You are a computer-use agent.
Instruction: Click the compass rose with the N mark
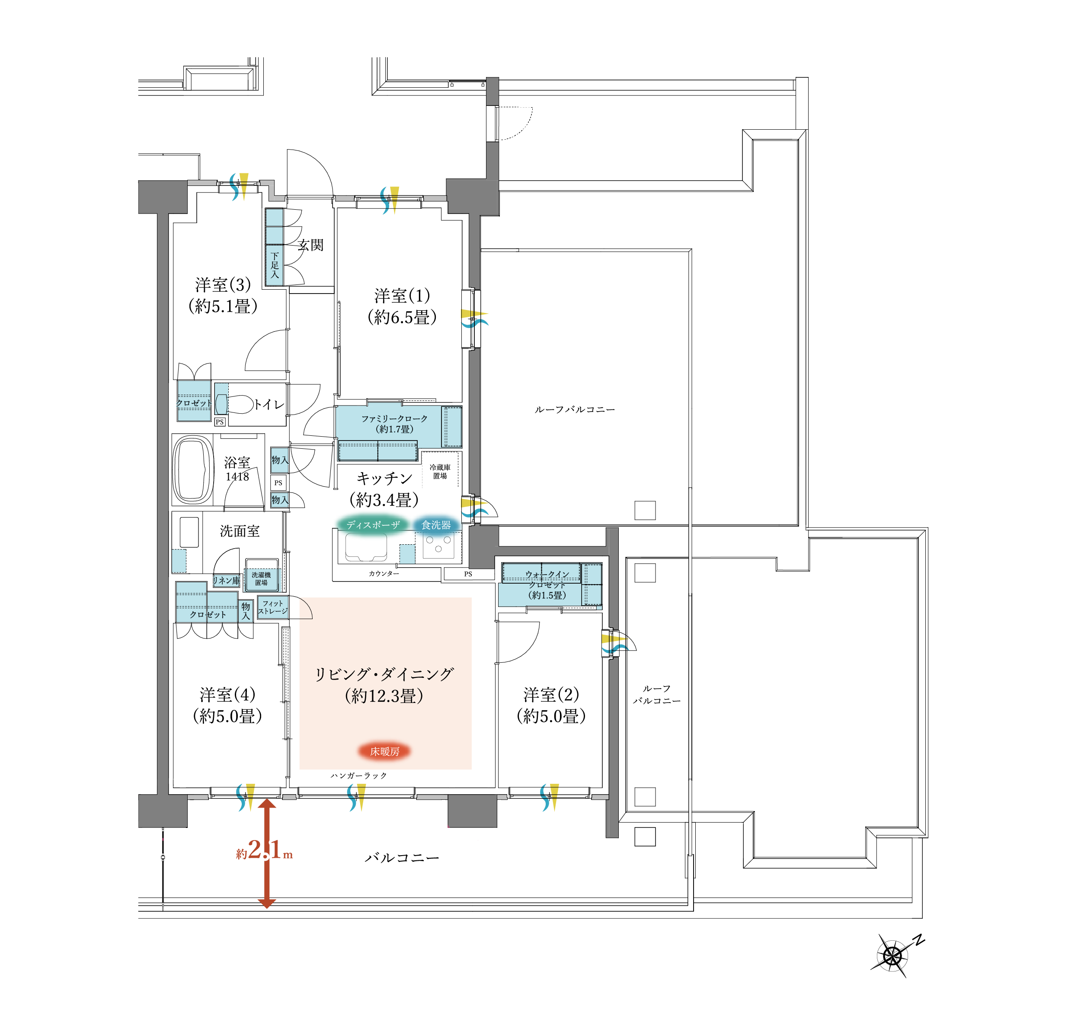[x=892, y=956]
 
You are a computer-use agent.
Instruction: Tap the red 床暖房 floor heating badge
[x=384, y=751]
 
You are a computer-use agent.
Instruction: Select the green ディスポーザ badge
[x=373, y=525]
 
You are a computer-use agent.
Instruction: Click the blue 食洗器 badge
[x=436, y=525]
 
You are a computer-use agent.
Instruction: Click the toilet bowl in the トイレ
[x=238, y=404]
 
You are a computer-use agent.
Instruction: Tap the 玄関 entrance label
[x=310, y=245]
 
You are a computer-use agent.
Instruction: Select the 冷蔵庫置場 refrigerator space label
[x=440, y=471]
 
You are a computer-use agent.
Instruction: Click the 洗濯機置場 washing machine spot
[x=262, y=578]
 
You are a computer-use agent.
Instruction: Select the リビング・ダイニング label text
[x=384, y=675]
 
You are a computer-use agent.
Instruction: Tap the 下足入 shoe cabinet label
[x=275, y=265]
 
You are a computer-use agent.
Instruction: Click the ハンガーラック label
[x=358, y=776]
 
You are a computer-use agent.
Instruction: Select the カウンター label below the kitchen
[x=384, y=574]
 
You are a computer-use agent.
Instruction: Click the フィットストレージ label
[x=272, y=607]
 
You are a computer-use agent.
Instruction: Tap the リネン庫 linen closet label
[x=226, y=581]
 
